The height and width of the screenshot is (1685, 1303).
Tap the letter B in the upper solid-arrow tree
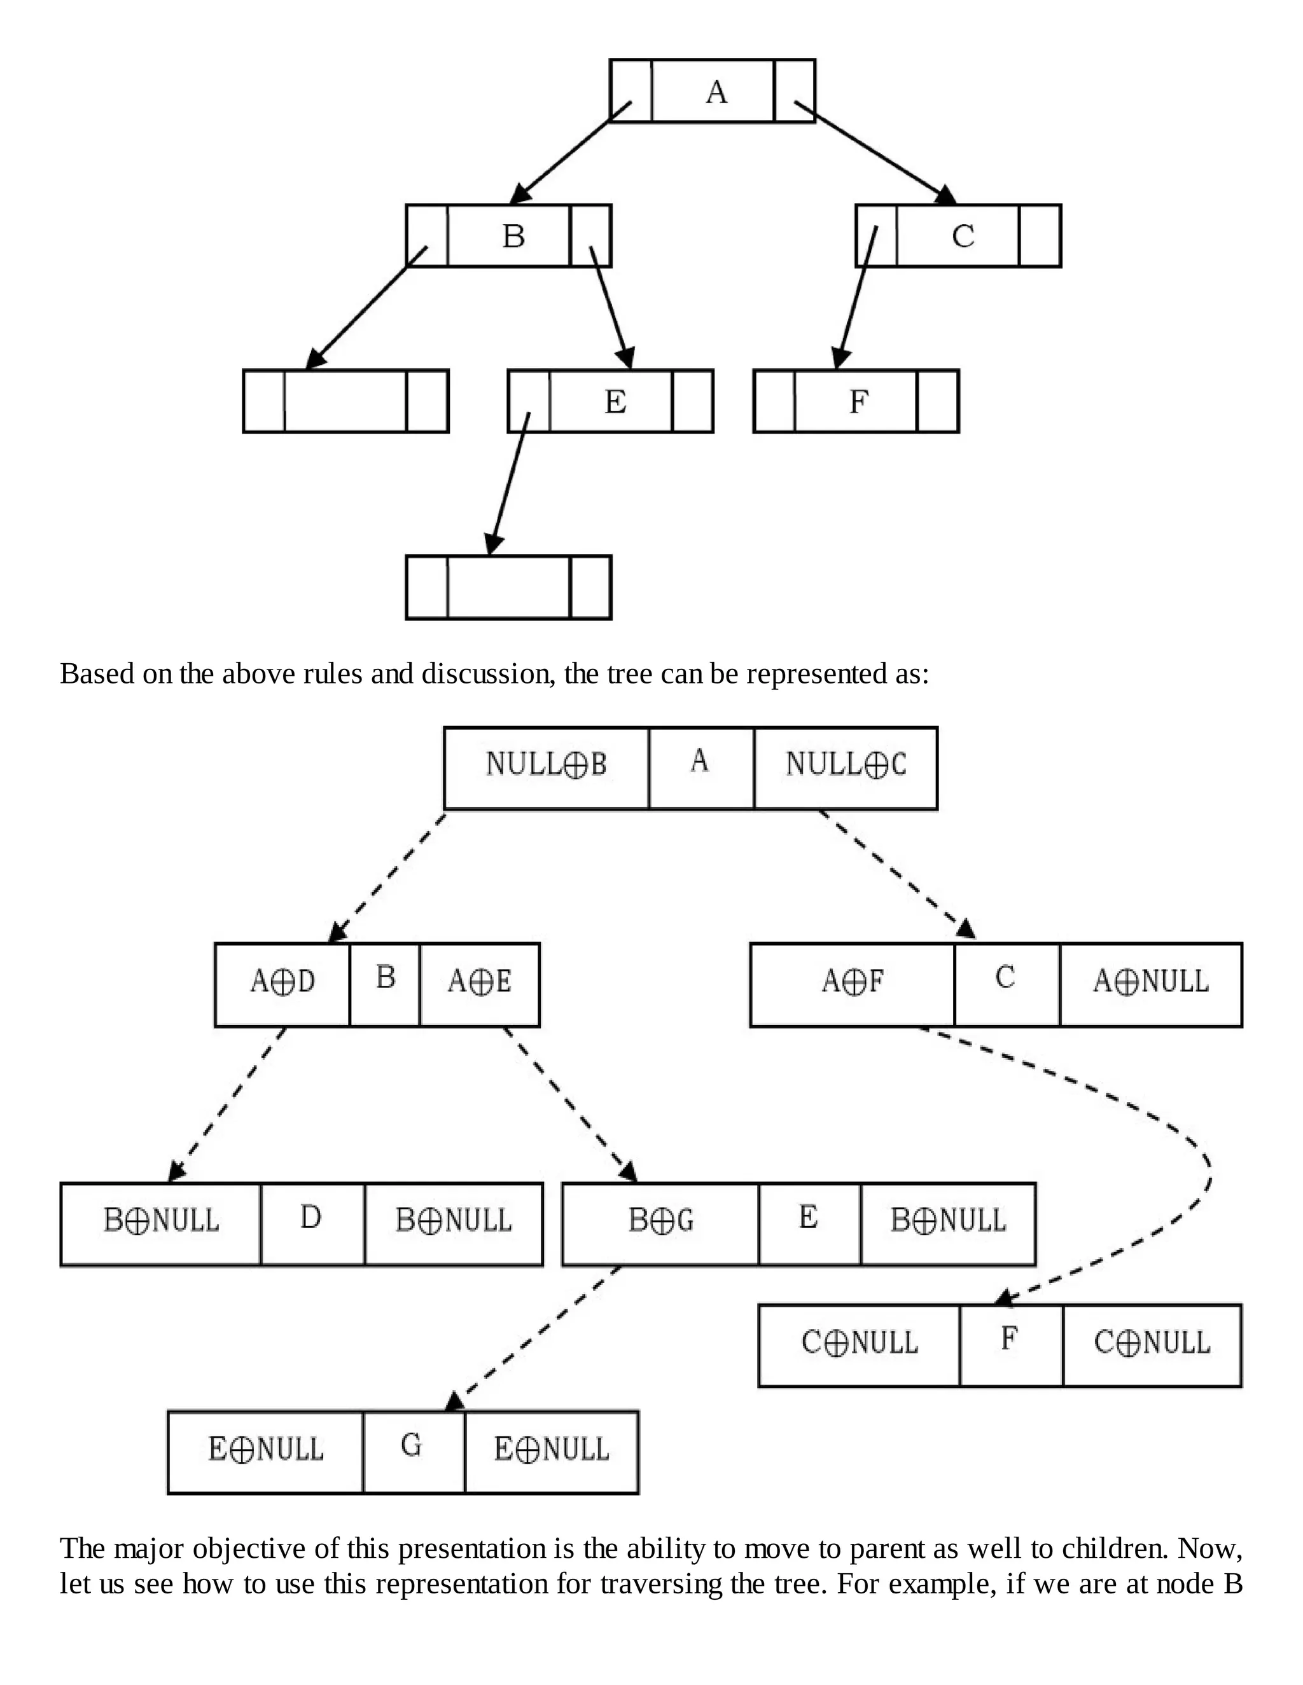pos(513,235)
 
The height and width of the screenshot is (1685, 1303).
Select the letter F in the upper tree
pos(858,402)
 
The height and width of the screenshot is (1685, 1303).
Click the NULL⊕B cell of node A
pos(547,764)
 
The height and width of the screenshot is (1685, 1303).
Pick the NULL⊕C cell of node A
pos(846,764)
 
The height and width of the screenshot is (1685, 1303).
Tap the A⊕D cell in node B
pos(282,981)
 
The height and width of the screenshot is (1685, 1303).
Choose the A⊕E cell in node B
pos(479,981)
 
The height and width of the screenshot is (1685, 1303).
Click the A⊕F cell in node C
pos(852,981)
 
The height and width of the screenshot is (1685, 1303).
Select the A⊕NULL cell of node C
pos(1150,981)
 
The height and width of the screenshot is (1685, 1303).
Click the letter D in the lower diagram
pos(310,1218)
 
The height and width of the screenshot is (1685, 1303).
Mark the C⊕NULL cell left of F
pos(859,1342)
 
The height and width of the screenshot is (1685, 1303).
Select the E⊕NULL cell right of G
pos(551,1449)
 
